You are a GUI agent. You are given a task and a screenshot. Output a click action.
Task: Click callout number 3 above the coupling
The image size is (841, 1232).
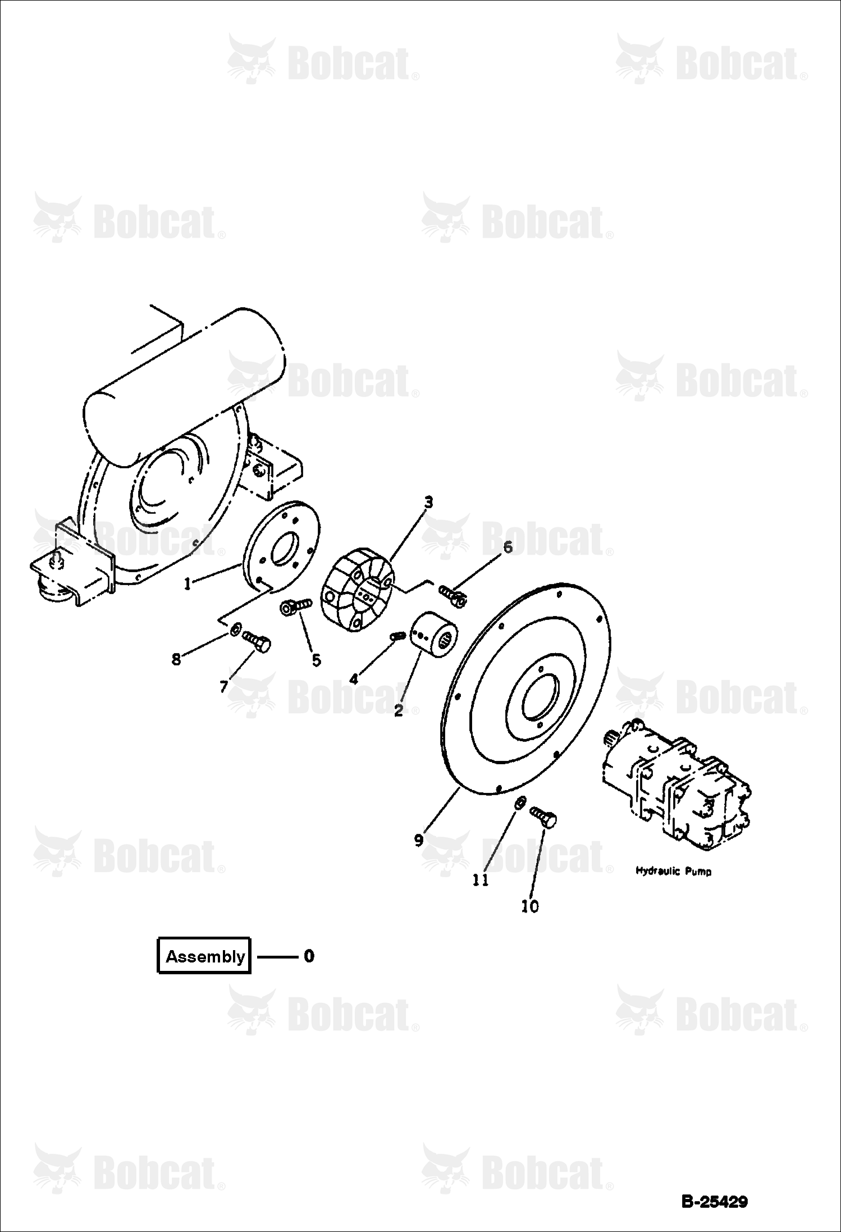point(428,502)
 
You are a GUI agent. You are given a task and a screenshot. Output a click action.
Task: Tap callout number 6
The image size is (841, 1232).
point(508,547)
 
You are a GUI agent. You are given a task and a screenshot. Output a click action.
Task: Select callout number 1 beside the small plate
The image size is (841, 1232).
point(188,584)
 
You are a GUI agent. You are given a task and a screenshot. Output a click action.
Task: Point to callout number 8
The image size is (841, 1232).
point(176,659)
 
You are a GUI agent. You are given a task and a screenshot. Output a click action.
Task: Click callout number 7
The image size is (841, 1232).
point(223,686)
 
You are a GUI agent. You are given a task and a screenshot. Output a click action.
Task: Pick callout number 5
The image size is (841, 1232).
point(317,660)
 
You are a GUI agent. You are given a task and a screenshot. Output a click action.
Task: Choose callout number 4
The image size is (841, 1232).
point(354,679)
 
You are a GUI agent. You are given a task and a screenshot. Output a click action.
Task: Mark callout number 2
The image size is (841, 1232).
point(399,711)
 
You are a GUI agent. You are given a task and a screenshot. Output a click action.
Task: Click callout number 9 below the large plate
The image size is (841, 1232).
point(419,840)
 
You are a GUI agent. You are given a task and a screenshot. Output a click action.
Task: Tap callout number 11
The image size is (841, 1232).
point(481,880)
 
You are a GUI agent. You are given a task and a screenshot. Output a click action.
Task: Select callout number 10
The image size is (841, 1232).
point(530,906)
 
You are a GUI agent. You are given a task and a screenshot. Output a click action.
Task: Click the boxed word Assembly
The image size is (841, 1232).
point(205,956)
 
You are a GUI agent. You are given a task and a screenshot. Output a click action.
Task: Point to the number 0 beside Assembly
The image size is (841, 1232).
point(309,955)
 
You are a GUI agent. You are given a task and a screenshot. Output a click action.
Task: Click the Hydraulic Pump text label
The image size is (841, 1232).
point(673,871)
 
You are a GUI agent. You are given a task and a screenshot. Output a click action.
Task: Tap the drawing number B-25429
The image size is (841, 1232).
point(714,1202)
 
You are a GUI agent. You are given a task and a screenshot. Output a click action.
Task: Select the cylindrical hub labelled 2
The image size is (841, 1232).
point(435,637)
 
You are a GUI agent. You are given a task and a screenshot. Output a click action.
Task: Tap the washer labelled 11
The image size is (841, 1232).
point(520,804)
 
